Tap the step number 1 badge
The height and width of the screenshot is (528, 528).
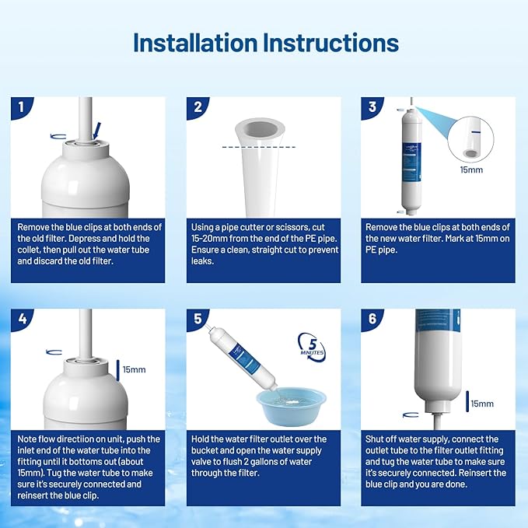point(20,107)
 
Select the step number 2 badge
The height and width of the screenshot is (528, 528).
point(196,107)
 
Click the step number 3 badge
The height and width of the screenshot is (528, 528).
point(371,107)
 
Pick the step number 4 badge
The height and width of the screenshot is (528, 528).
point(20,320)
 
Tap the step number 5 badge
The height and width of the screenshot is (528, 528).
point(196,320)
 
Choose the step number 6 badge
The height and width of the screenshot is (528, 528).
point(371,320)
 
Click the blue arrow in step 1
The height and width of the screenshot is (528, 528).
point(96,129)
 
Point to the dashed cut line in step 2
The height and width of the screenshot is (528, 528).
point(256,146)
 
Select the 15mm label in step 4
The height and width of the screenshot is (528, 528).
point(134,369)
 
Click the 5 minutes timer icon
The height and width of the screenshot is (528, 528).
point(312,347)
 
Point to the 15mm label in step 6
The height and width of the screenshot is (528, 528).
point(481,404)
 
